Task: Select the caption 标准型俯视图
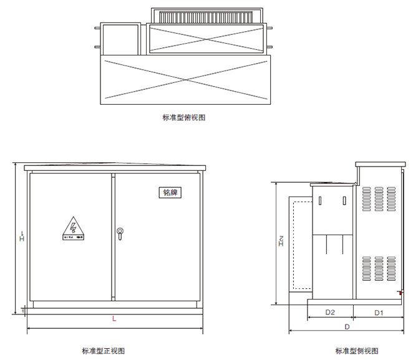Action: point(183,117)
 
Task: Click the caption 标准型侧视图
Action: point(357,351)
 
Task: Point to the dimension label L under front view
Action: point(114,319)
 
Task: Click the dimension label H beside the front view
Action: point(21,237)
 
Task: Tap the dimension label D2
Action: point(331,311)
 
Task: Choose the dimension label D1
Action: point(379,311)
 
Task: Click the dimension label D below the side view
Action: point(347,326)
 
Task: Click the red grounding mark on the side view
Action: point(399,293)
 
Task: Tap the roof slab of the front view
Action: point(114,168)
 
